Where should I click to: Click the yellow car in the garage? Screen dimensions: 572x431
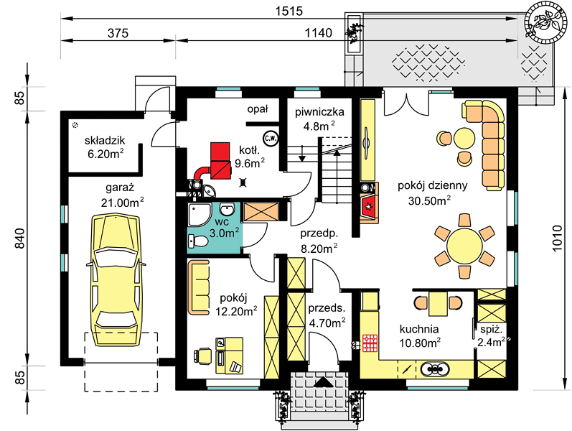[x=116, y=281]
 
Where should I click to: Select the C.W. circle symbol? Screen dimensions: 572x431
[x=271, y=139]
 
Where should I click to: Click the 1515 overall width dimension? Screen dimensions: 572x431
[x=289, y=11]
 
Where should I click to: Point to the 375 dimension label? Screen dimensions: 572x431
[x=118, y=33]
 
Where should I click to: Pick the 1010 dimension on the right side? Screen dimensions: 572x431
[x=557, y=238]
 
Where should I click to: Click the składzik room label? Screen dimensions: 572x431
[x=105, y=140]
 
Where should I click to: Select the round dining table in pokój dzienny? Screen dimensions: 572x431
[x=464, y=246]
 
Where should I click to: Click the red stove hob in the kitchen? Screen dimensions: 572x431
[x=370, y=343]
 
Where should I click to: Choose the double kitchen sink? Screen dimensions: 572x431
[x=434, y=369]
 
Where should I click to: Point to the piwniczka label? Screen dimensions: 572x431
[x=319, y=112]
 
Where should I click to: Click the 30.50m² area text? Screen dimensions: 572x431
[x=429, y=200]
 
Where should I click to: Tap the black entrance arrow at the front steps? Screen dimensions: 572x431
[x=323, y=381]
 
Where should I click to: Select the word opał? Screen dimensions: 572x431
[x=258, y=109]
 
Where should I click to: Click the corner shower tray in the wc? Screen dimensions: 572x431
[x=200, y=215]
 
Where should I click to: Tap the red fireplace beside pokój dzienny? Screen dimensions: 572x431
[x=369, y=207]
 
